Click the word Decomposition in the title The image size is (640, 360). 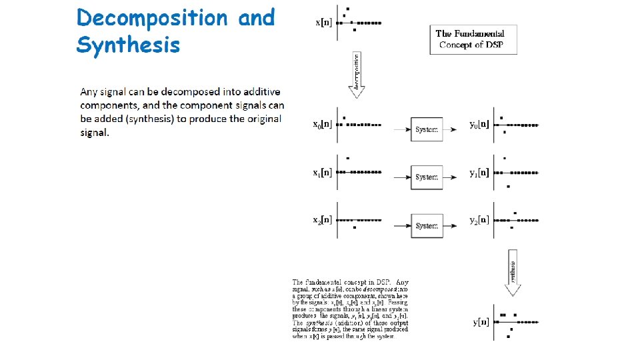pos(151,18)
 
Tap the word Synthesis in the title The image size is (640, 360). pos(128,45)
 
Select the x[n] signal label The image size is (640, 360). pos(323,23)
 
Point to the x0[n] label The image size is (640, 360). pos(323,124)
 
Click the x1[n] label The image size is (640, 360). pos(323,173)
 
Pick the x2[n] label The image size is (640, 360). pos(323,220)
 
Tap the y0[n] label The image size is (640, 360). pos(479,124)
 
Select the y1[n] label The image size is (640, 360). pos(479,173)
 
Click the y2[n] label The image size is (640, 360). pos(479,220)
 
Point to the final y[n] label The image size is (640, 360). pos(481,322)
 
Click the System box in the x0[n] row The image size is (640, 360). pos(426,129)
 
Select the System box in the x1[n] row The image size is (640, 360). pos(426,177)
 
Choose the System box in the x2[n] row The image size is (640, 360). pos(426,226)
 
